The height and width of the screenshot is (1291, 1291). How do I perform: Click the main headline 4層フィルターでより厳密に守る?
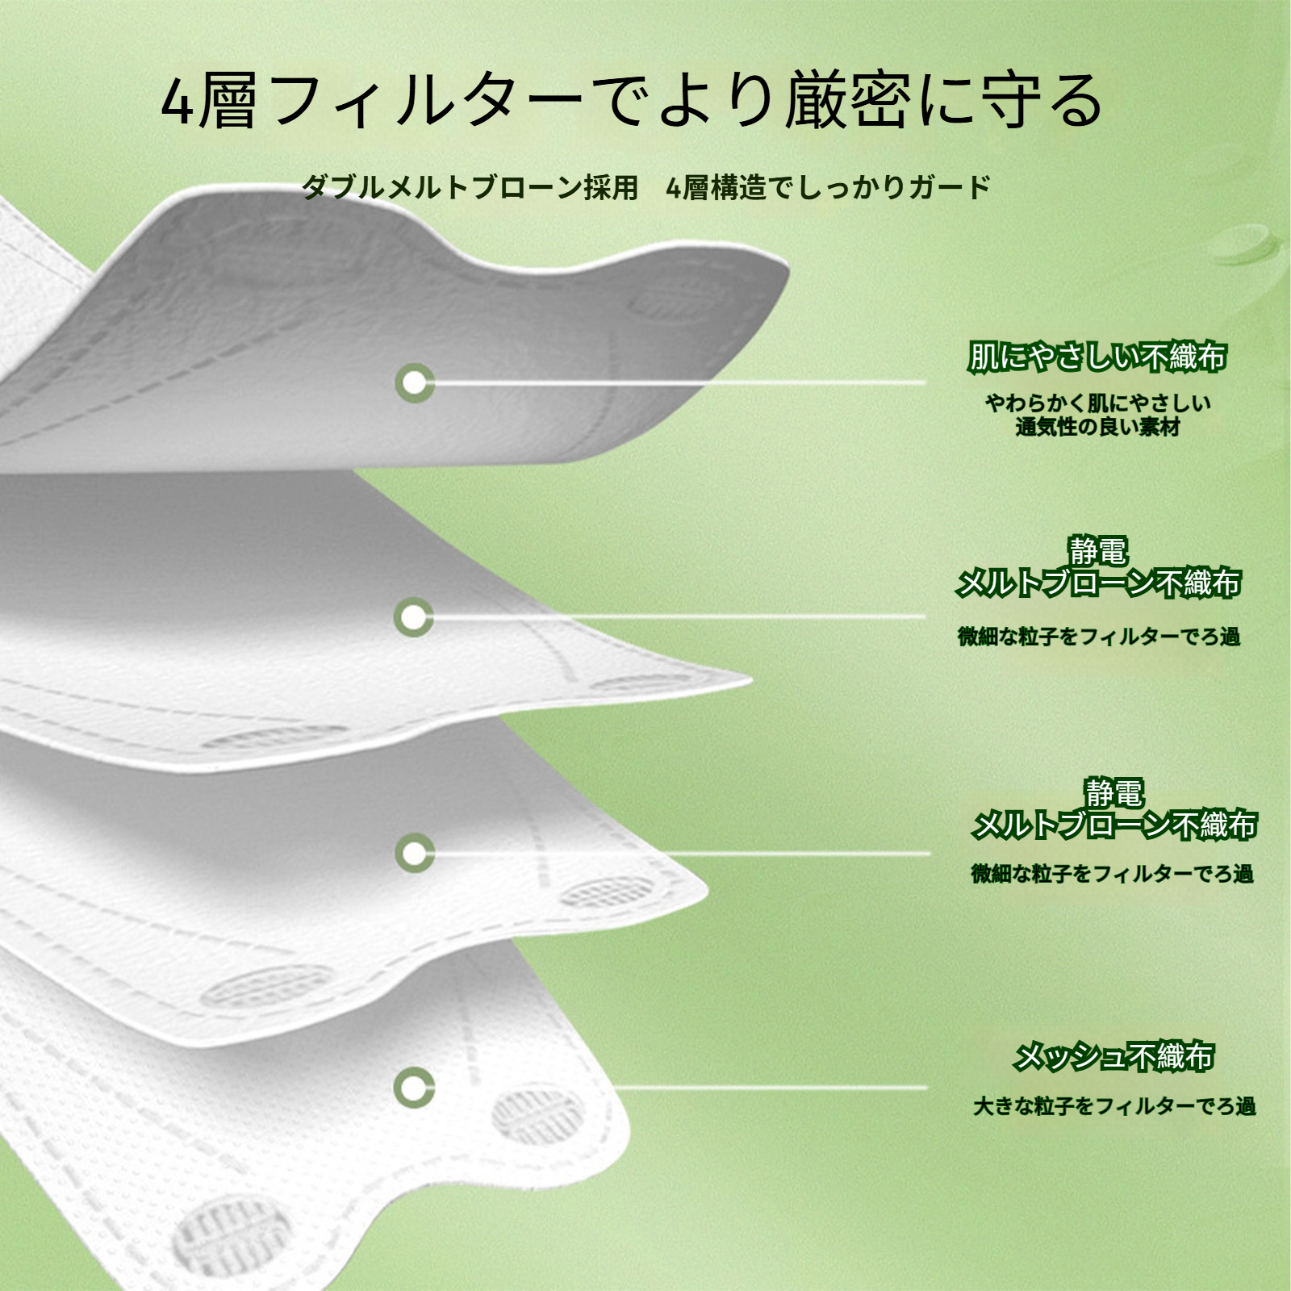pyautogui.click(x=633, y=101)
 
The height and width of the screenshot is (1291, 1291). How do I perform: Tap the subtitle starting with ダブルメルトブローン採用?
pyautogui.click(x=646, y=187)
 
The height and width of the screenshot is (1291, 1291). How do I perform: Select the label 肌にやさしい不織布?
pyautogui.click(x=1097, y=356)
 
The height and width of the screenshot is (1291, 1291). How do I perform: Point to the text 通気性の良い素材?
pyautogui.click(x=1097, y=427)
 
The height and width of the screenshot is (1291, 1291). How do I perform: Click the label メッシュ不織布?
pyautogui.click(x=1113, y=1056)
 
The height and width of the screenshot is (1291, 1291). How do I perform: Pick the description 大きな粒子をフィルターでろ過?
pyautogui.click(x=1114, y=1105)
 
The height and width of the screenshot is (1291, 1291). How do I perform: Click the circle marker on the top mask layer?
pyautogui.click(x=415, y=382)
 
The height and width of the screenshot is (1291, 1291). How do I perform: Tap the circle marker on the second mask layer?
pyautogui.click(x=415, y=617)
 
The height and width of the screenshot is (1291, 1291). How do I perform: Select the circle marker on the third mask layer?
pyautogui.click(x=415, y=853)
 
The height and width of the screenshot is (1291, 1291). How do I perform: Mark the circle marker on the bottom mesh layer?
pyautogui.click(x=415, y=1087)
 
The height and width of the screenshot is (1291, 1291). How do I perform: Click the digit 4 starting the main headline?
pyautogui.click(x=178, y=102)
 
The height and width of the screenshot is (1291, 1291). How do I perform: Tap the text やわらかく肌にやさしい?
pyautogui.click(x=1097, y=403)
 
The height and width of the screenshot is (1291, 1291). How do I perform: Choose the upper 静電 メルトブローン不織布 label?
pyautogui.click(x=1097, y=567)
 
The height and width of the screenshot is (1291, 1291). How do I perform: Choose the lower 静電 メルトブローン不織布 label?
pyautogui.click(x=1113, y=809)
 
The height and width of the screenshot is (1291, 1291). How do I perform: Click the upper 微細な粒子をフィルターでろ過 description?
pyautogui.click(x=1099, y=637)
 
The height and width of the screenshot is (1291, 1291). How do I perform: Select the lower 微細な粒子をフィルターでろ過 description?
pyautogui.click(x=1113, y=873)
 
